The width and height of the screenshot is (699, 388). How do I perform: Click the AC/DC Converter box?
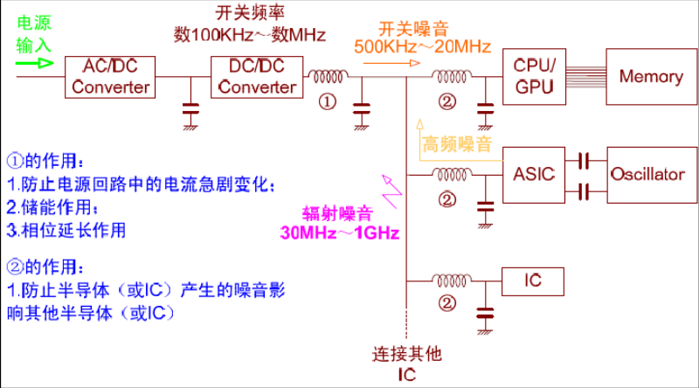[x=111, y=76]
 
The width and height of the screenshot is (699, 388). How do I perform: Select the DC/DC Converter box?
[x=257, y=76]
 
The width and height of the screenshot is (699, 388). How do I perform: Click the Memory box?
[x=650, y=76]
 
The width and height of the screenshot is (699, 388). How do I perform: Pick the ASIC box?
[x=535, y=174]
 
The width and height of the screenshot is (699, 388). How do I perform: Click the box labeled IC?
[x=533, y=281]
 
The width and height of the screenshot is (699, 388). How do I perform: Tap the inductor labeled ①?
[x=327, y=77]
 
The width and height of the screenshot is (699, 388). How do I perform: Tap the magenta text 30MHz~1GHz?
[x=339, y=233]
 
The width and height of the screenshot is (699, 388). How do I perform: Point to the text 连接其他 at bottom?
[x=407, y=355]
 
